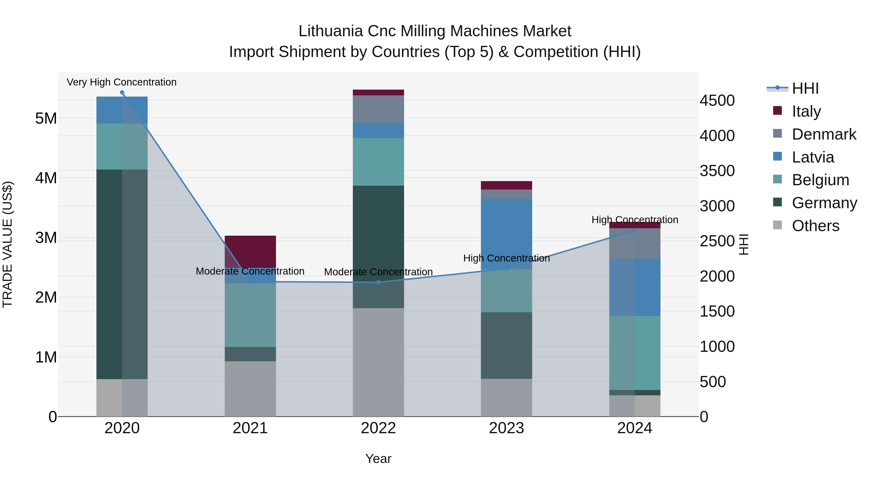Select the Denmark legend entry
pyautogui.click(x=823, y=134)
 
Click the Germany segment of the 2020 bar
pyautogui.click(x=122, y=274)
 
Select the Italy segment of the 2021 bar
pyautogui.click(x=250, y=251)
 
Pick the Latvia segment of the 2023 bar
pyautogui.click(x=506, y=234)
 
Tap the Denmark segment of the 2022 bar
pyautogui.click(x=378, y=109)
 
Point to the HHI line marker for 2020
pyautogui.click(x=122, y=92)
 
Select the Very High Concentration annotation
pyautogui.click(x=122, y=82)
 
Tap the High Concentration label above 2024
pyautogui.click(x=635, y=220)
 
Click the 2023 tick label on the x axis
pyautogui.click(x=506, y=428)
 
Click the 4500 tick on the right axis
pyautogui.click(x=717, y=100)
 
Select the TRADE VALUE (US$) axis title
pyautogui.click(x=7, y=244)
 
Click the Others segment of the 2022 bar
pyautogui.click(x=378, y=362)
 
